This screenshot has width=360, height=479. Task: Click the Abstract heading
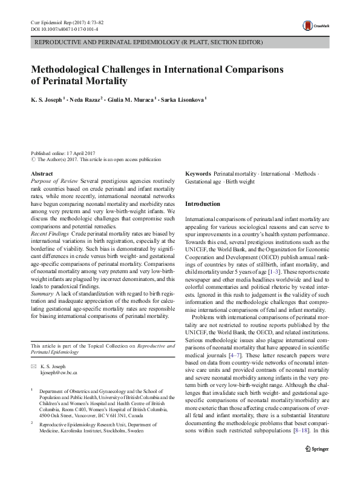point(41,174)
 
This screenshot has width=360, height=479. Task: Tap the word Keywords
point(198,174)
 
